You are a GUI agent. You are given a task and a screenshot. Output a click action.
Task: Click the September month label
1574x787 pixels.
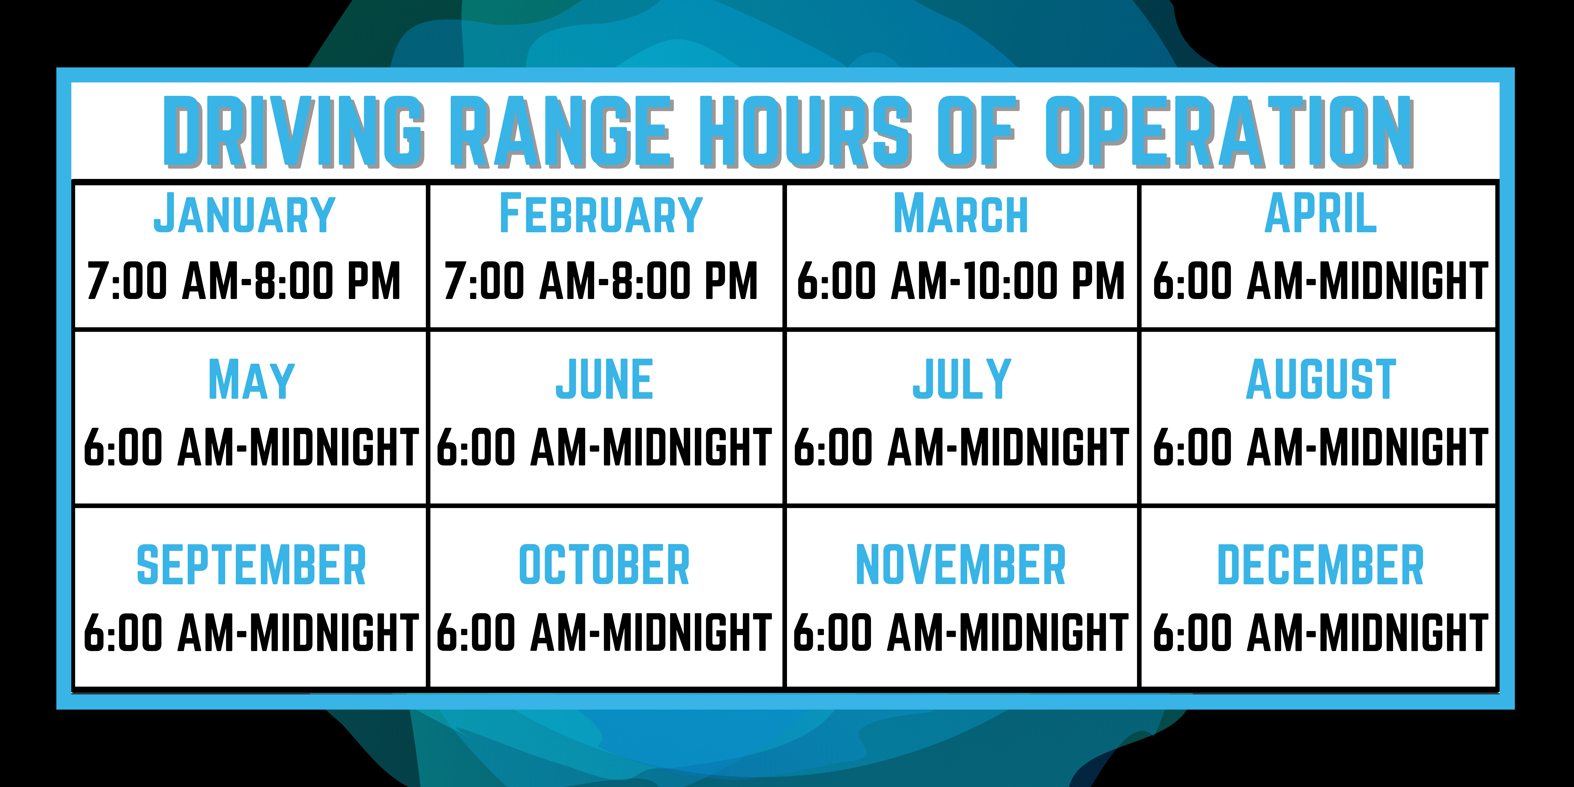click(251, 565)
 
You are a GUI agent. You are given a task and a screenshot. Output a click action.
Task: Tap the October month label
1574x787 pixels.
click(604, 565)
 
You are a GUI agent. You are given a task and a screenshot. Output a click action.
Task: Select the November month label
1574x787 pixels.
click(961, 565)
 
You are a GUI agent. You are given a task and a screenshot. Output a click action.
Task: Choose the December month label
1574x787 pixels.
click(1320, 565)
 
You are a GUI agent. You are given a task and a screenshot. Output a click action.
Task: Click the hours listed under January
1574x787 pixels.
click(244, 281)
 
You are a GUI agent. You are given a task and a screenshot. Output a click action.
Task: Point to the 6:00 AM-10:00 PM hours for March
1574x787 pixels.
click(961, 281)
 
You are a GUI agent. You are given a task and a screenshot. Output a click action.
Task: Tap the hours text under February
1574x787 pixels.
click(601, 281)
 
